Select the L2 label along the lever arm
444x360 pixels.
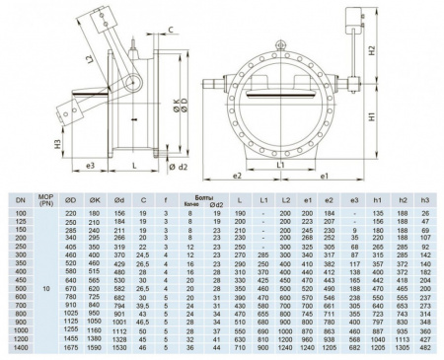pos(92,61)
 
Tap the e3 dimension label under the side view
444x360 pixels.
pos(88,166)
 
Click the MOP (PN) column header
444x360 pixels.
pos(44,201)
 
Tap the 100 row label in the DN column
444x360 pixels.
pos(17,213)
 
